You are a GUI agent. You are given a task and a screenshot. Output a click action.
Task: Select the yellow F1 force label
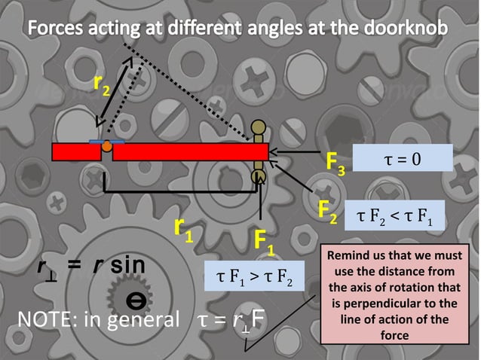pos(264,243)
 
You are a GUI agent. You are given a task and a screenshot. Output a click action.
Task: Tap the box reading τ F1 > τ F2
pos(255,276)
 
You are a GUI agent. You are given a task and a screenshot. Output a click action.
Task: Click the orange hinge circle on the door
pos(107,145)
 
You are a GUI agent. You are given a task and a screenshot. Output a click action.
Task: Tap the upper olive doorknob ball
pos(259,127)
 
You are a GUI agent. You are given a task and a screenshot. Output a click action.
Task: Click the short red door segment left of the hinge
pos(76,151)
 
